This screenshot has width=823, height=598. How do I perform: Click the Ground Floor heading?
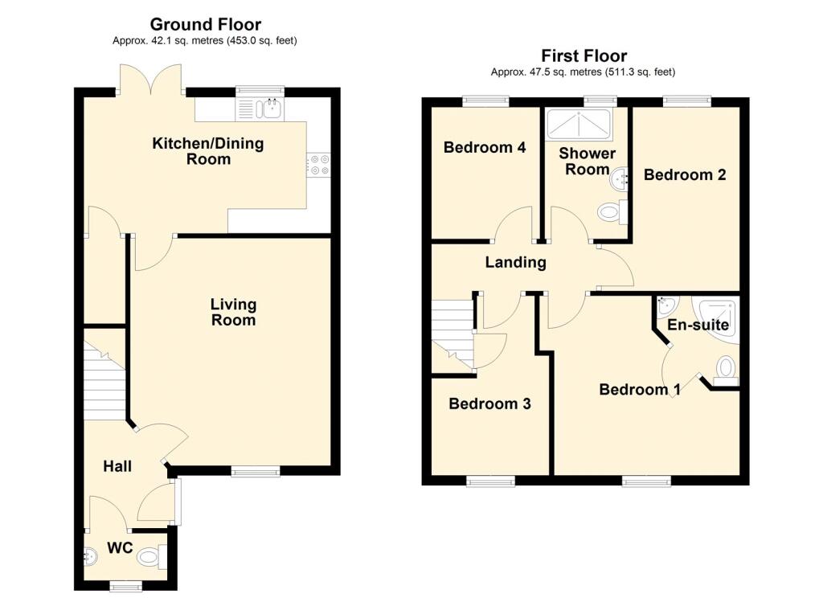point(205,25)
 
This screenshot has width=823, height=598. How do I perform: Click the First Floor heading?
point(583,55)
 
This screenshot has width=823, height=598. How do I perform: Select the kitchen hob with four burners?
point(319,164)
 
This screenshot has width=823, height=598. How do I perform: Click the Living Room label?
point(233,312)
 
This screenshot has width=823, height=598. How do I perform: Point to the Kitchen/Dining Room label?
point(208,151)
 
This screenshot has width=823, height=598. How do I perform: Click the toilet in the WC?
point(151,556)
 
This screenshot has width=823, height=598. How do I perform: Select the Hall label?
point(117,466)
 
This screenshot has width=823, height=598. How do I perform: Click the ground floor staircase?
point(103,382)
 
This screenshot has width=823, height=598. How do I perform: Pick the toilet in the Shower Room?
point(612,212)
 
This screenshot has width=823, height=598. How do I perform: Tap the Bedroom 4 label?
point(485,148)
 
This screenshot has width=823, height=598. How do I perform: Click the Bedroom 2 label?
point(685,174)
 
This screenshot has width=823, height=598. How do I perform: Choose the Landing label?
point(515,262)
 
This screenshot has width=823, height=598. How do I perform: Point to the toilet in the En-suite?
point(726,369)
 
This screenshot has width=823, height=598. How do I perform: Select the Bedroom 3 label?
point(489,403)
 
